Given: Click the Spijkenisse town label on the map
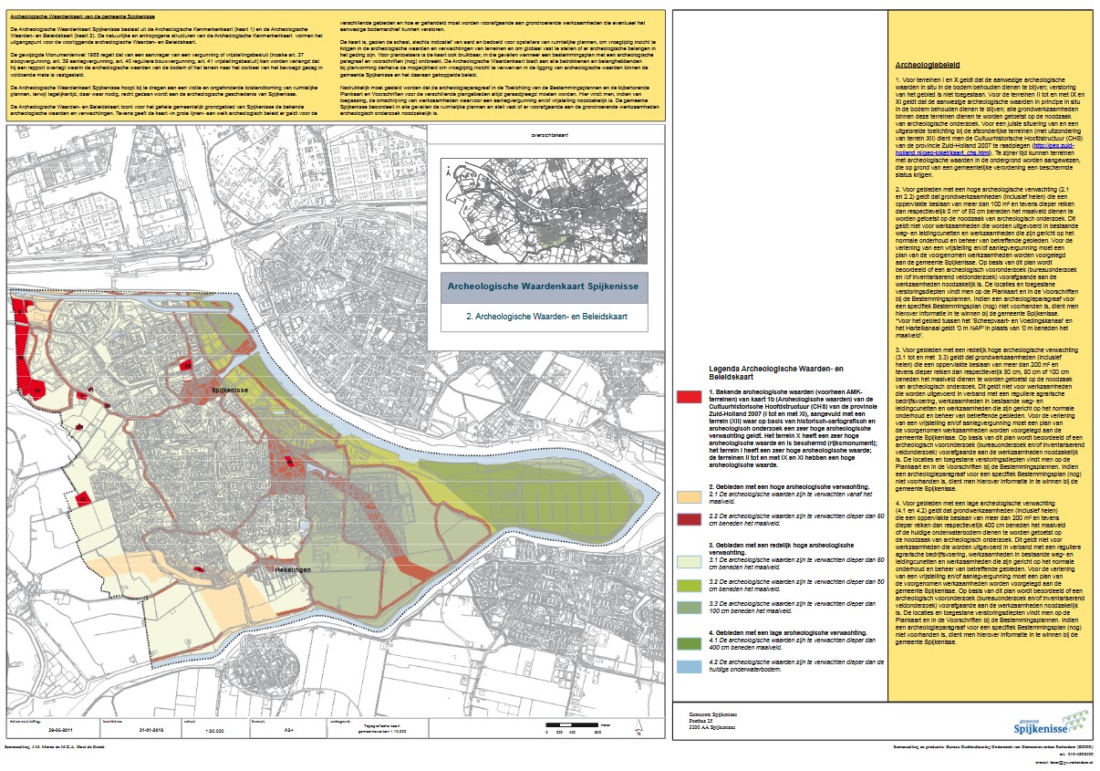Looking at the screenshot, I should pos(231,390).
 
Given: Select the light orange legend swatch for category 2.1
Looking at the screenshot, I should pos(689,496).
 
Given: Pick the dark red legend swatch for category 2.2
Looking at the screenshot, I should pos(689,518).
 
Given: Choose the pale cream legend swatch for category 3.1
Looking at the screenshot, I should pos(689,561).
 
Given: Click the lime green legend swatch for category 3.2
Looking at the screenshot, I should pos(689,582).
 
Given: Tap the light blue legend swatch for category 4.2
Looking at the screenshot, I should pos(689,665).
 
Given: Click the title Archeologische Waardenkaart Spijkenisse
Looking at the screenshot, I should pos(544,287).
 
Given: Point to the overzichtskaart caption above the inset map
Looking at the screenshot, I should pos(535,136).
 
